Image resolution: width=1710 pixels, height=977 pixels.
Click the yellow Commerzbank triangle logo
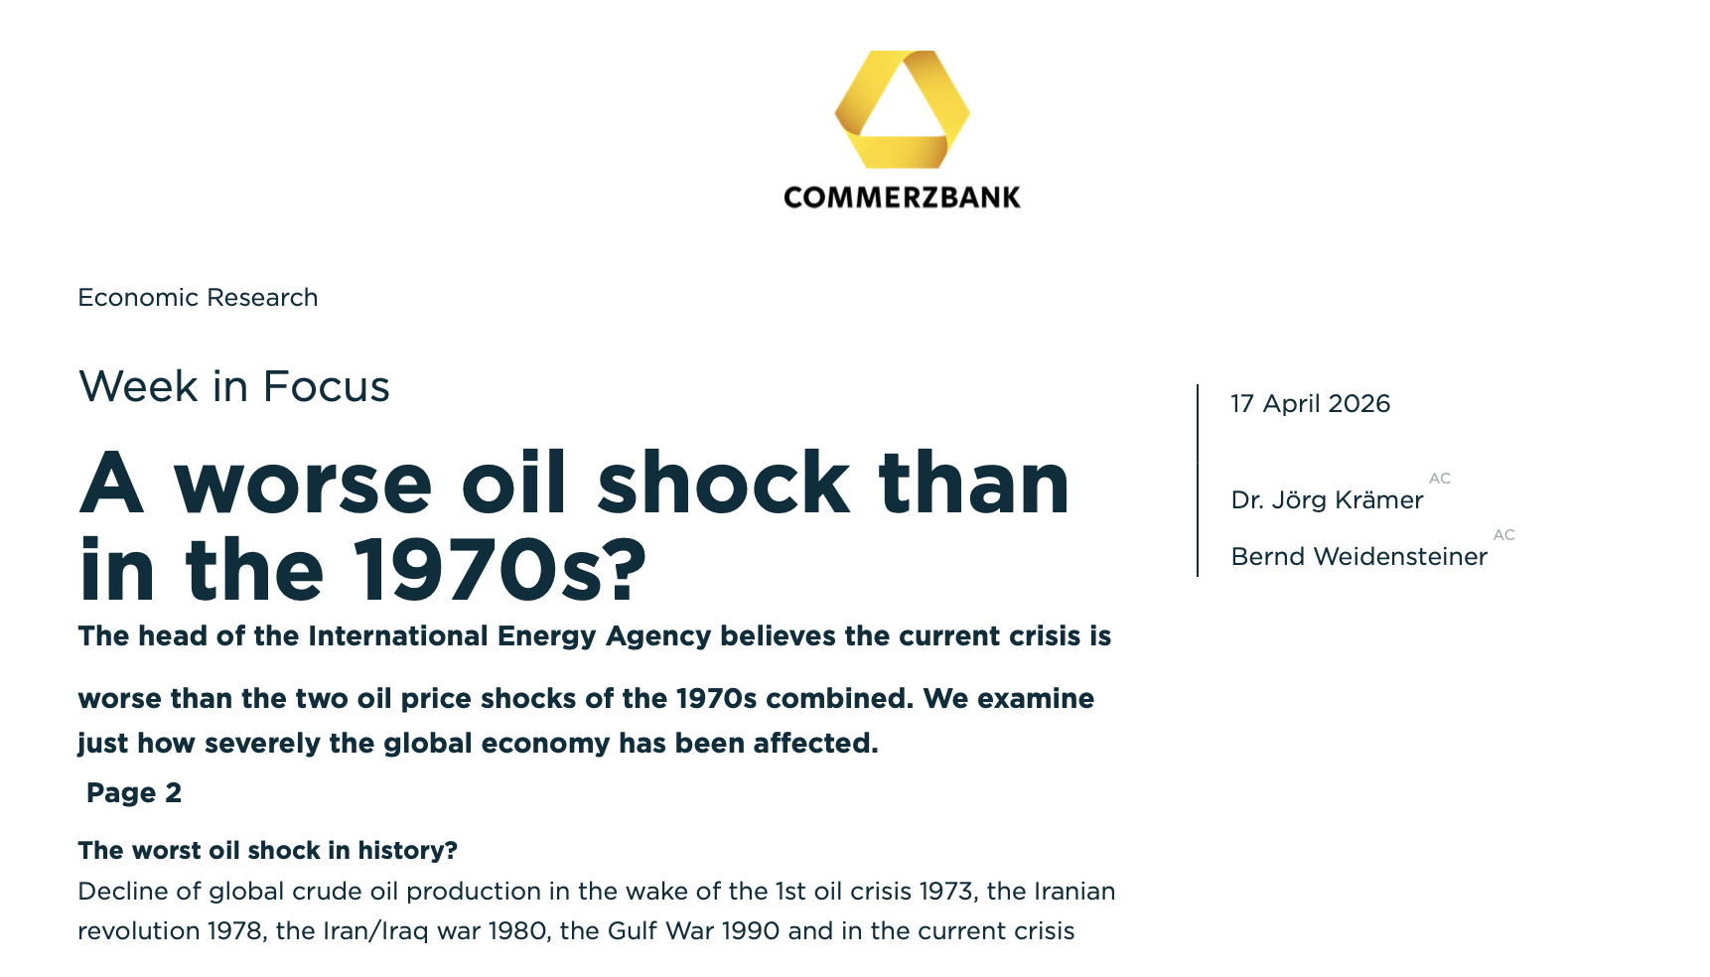902,109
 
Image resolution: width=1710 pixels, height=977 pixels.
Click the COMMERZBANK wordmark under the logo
902,198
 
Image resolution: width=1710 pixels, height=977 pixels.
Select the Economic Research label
198,298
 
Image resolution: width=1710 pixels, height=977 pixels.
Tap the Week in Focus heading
234,386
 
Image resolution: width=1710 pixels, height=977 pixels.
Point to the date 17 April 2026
1311,404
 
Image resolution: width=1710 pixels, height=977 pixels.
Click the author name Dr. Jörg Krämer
1327,500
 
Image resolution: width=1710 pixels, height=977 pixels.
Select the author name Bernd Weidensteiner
1358,557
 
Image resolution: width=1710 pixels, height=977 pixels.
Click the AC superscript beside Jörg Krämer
1440,479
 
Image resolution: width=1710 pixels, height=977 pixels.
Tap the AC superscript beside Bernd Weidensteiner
1504,535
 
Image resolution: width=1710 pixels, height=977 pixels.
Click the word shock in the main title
724,484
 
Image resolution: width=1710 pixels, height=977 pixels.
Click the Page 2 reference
134,793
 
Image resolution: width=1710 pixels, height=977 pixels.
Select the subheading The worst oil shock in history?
268,851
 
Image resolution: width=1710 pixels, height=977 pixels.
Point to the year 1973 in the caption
945,892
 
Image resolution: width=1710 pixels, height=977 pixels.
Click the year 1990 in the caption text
751,931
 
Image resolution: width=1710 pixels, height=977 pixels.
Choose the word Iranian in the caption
1074,892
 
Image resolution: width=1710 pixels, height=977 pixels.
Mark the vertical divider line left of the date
1198,481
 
